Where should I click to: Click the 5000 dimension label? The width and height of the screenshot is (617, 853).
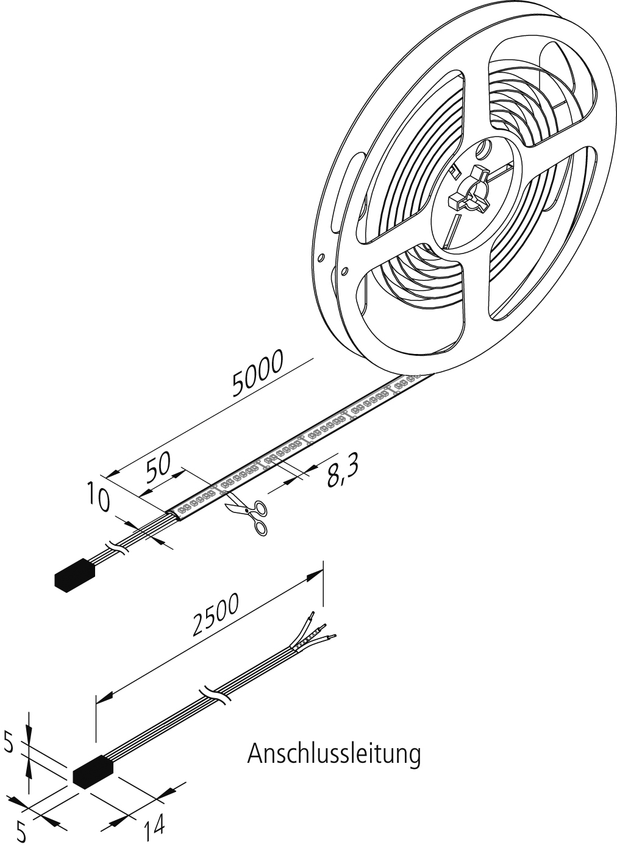(x=259, y=373)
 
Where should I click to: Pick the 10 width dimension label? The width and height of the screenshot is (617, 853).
(x=98, y=495)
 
